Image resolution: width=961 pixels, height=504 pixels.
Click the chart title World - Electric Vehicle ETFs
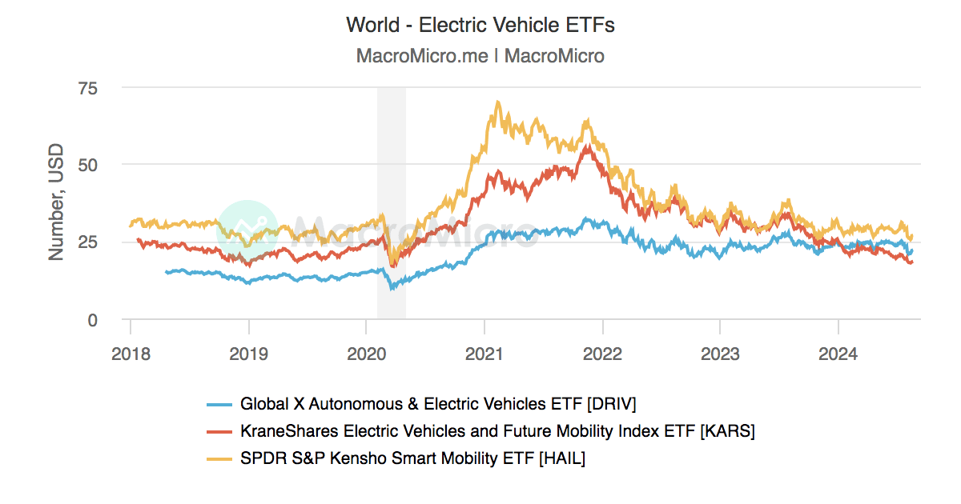point(480,25)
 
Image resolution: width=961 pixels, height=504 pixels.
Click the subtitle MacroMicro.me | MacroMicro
point(480,56)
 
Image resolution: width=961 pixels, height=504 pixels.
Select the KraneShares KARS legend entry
point(497,431)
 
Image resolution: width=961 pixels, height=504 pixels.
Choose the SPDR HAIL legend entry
point(412,458)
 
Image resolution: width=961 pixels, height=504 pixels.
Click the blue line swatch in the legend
point(219,404)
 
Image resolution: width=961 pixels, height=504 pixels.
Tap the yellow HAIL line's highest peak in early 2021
point(497,102)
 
